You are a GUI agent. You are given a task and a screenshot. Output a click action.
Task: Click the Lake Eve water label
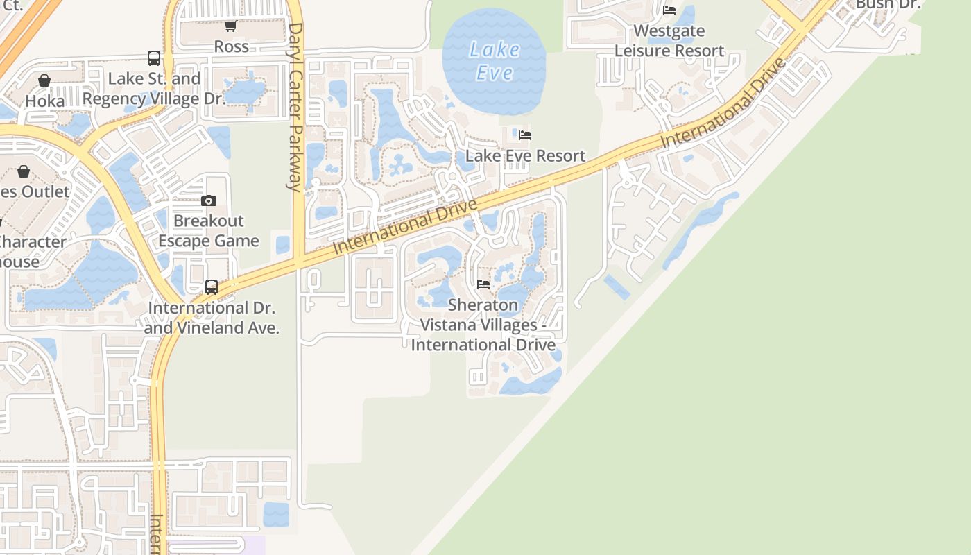click(495, 61)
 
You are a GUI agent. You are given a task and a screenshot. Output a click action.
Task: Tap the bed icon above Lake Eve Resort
click(525, 135)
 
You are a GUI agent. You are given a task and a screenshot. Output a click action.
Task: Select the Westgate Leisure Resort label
click(669, 41)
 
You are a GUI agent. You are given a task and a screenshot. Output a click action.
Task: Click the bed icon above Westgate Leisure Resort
click(669, 10)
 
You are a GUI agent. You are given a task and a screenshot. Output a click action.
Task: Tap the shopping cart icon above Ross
click(230, 26)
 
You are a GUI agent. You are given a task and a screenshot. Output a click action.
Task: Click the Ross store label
click(231, 46)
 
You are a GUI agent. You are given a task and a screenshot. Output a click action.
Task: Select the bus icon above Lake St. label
click(154, 58)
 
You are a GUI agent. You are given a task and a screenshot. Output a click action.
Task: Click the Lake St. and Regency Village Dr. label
click(154, 89)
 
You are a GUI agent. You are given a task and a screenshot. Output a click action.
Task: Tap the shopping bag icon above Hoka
click(44, 80)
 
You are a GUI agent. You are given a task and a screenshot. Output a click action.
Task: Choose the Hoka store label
click(44, 101)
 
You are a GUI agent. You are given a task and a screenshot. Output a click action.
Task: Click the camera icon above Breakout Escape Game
click(209, 200)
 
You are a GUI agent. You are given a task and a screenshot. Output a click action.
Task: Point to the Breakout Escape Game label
click(209, 231)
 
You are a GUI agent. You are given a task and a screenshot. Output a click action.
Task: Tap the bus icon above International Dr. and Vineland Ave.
click(212, 287)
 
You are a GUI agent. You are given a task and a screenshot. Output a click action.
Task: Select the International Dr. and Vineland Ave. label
click(212, 318)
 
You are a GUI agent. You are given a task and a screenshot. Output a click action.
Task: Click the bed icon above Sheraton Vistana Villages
click(483, 284)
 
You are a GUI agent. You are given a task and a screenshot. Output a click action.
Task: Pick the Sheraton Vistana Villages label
click(483, 325)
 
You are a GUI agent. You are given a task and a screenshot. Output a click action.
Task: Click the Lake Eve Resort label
click(525, 156)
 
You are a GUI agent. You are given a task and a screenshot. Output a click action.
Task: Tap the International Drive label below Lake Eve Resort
click(406, 226)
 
